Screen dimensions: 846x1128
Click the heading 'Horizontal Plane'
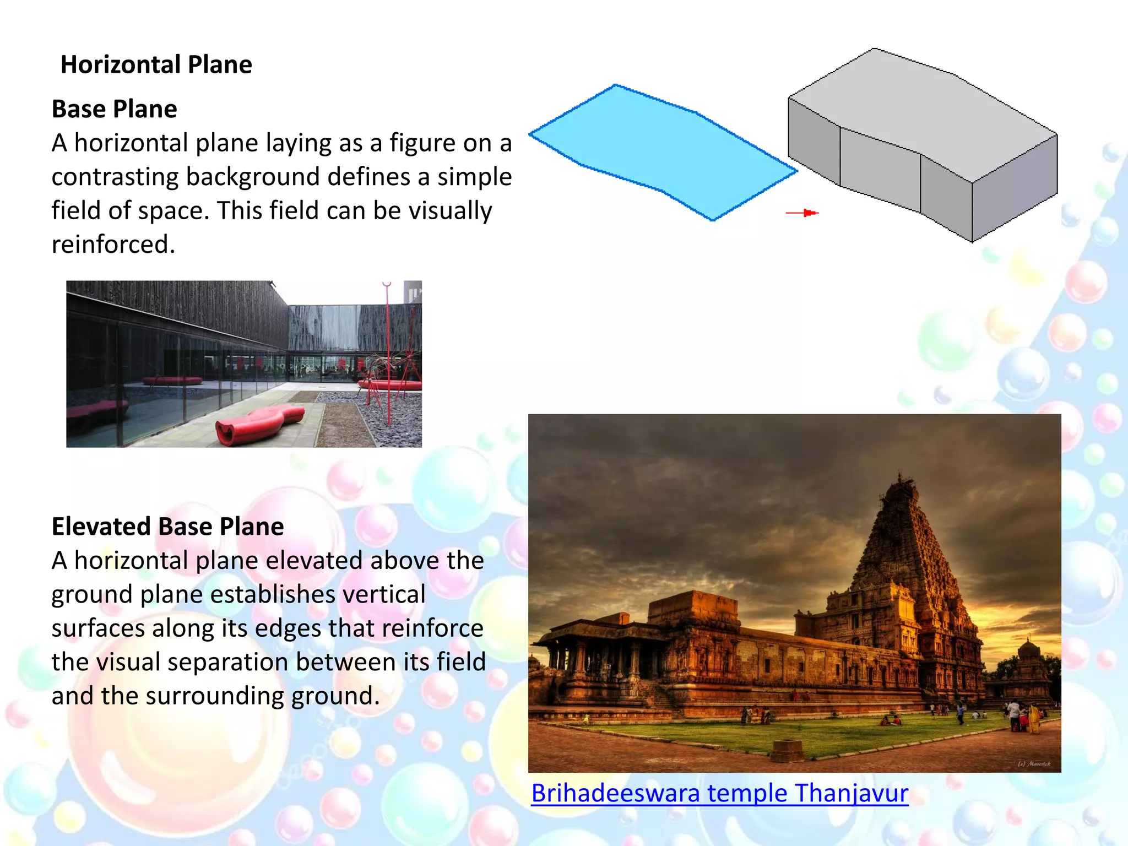156,65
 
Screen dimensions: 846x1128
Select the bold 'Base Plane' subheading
114,109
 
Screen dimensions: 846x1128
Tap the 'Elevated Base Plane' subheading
167,527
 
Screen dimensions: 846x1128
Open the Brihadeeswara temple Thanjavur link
719,794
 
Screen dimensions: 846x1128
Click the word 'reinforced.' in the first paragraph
113,245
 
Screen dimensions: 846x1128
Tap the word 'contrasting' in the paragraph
116,177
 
